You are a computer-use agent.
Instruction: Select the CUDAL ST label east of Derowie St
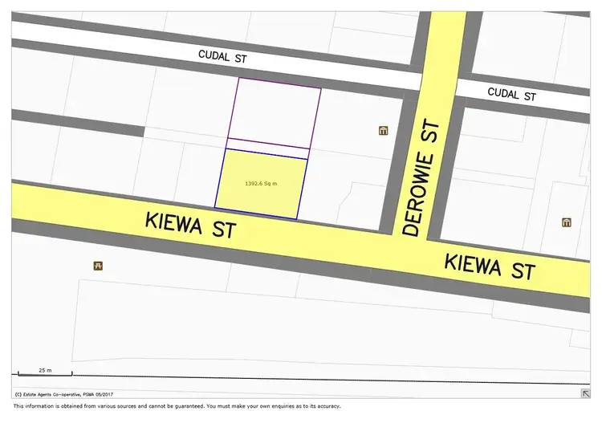point(511,94)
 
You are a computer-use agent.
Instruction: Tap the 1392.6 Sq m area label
point(261,184)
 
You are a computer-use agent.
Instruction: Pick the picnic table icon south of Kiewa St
point(98,265)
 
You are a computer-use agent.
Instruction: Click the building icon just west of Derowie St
point(383,130)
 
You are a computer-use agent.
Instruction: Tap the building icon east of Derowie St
point(567,222)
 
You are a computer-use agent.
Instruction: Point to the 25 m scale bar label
point(45,370)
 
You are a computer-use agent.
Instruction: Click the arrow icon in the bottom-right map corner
point(584,393)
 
